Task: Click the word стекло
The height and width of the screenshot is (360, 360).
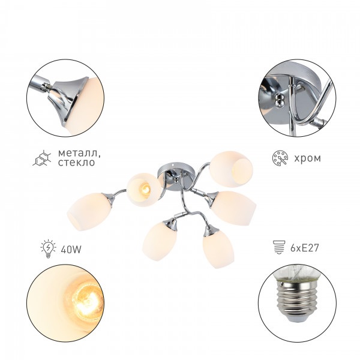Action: click(x=76, y=163)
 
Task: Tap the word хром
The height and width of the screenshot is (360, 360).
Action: click(x=307, y=158)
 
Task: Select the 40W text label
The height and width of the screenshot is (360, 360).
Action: click(x=71, y=250)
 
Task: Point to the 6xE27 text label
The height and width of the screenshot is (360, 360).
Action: click(x=304, y=248)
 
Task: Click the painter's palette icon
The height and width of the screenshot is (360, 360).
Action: click(x=280, y=158)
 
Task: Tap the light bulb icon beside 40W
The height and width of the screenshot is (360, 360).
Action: click(x=48, y=248)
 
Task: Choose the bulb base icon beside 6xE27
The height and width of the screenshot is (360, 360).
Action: click(x=279, y=247)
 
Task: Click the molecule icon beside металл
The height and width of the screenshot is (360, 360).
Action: click(x=42, y=158)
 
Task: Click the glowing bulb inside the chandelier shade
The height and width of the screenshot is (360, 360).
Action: click(x=146, y=189)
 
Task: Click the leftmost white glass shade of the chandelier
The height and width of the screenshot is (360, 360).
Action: click(x=89, y=211)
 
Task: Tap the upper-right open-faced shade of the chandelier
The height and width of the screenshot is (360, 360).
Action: click(x=231, y=169)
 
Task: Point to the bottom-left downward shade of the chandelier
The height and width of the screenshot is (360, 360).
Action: click(x=160, y=242)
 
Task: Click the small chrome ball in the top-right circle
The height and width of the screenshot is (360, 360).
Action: click(x=280, y=100)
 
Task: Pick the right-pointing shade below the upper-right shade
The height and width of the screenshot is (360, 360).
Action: click(x=233, y=208)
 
